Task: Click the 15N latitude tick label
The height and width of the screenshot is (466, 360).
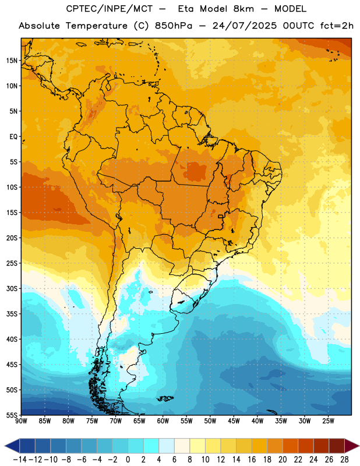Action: click(12, 61)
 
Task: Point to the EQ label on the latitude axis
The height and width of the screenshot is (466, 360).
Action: click(13, 137)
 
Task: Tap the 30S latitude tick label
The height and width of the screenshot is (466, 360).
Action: click(12, 288)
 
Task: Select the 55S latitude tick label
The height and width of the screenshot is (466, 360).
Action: click(12, 415)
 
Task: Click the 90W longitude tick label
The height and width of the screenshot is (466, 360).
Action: click(22, 421)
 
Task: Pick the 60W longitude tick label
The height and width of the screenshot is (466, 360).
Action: click(163, 421)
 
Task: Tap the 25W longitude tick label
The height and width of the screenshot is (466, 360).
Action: click(328, 421)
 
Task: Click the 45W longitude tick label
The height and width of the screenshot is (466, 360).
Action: click(234, 421)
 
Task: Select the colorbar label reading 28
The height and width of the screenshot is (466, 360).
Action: click(344, 460)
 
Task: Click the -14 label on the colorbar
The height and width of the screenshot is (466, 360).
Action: click(20, 460)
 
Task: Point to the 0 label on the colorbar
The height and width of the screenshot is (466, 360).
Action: click(128, 460)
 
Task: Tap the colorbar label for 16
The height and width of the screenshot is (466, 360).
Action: click(252, 460)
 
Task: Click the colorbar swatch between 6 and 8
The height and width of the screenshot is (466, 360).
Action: click(182, 446)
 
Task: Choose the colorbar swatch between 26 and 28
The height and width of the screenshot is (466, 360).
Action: click(337, 446)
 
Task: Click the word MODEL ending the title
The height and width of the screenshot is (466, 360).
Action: click(290, 9)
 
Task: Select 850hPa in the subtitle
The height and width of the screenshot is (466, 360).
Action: click(174, 26)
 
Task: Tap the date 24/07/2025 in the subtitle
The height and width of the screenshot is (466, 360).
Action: click(244, 26)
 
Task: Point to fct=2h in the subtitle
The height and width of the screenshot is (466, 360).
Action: click(337, 26)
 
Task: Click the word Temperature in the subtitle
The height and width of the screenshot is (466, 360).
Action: click(96, 26)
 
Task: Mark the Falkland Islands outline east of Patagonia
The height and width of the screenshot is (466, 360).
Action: click(165, 398)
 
